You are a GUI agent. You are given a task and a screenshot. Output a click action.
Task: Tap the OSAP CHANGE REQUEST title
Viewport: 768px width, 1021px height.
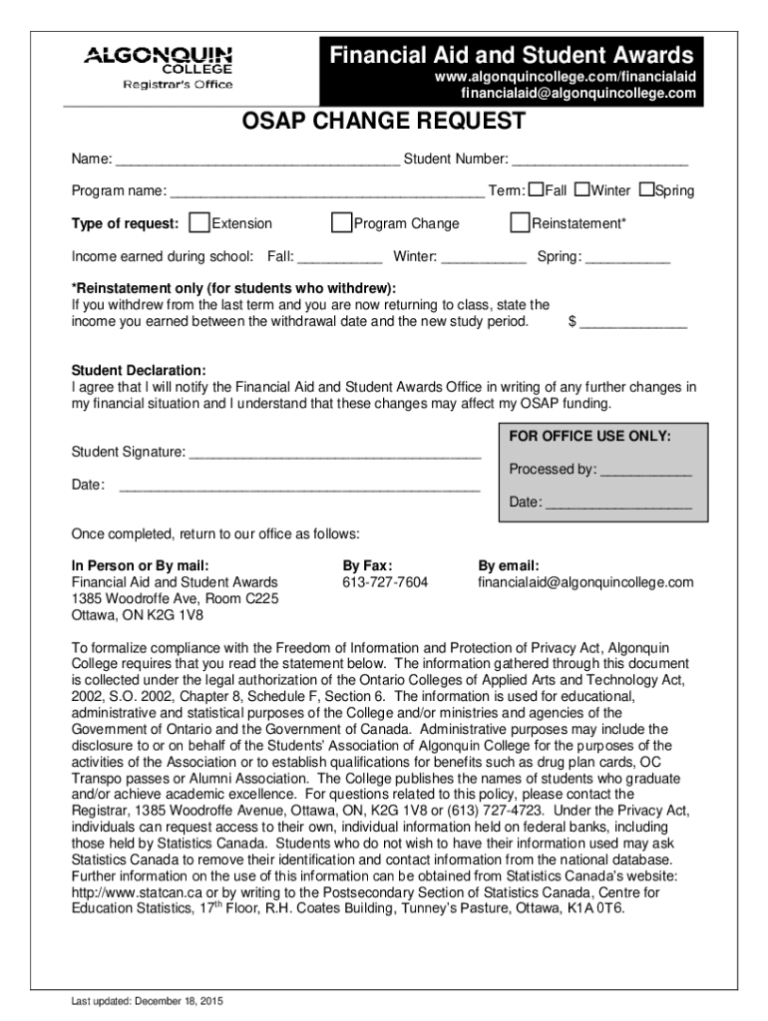pos(384,123)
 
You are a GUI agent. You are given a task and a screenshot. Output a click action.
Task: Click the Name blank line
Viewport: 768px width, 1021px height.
pos(256,161)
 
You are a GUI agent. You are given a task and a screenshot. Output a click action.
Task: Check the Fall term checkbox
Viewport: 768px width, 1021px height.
pos(537,189)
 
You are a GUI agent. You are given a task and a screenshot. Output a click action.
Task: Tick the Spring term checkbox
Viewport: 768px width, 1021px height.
pos(646,189)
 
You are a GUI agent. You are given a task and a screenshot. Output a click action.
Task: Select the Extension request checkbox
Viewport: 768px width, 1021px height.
pos(199,222)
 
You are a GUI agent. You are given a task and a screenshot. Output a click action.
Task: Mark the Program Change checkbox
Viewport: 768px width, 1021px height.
pos(342,222)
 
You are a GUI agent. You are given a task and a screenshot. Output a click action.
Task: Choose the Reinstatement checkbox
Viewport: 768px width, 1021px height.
pos(519,222)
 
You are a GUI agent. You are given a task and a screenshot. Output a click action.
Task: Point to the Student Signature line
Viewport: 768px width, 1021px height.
pos(335,455)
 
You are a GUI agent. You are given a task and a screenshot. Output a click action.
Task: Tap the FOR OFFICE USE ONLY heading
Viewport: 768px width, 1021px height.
pos(590,437)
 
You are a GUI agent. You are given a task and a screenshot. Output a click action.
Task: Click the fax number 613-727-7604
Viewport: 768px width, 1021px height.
pos(385,581)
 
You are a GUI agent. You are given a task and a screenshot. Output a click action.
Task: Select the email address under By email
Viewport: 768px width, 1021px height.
pos(584,581)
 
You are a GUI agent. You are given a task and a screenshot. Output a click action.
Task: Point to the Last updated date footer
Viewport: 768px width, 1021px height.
pos(139,1002)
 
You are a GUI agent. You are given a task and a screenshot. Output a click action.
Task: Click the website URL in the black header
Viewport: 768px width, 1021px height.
pos(564,77)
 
